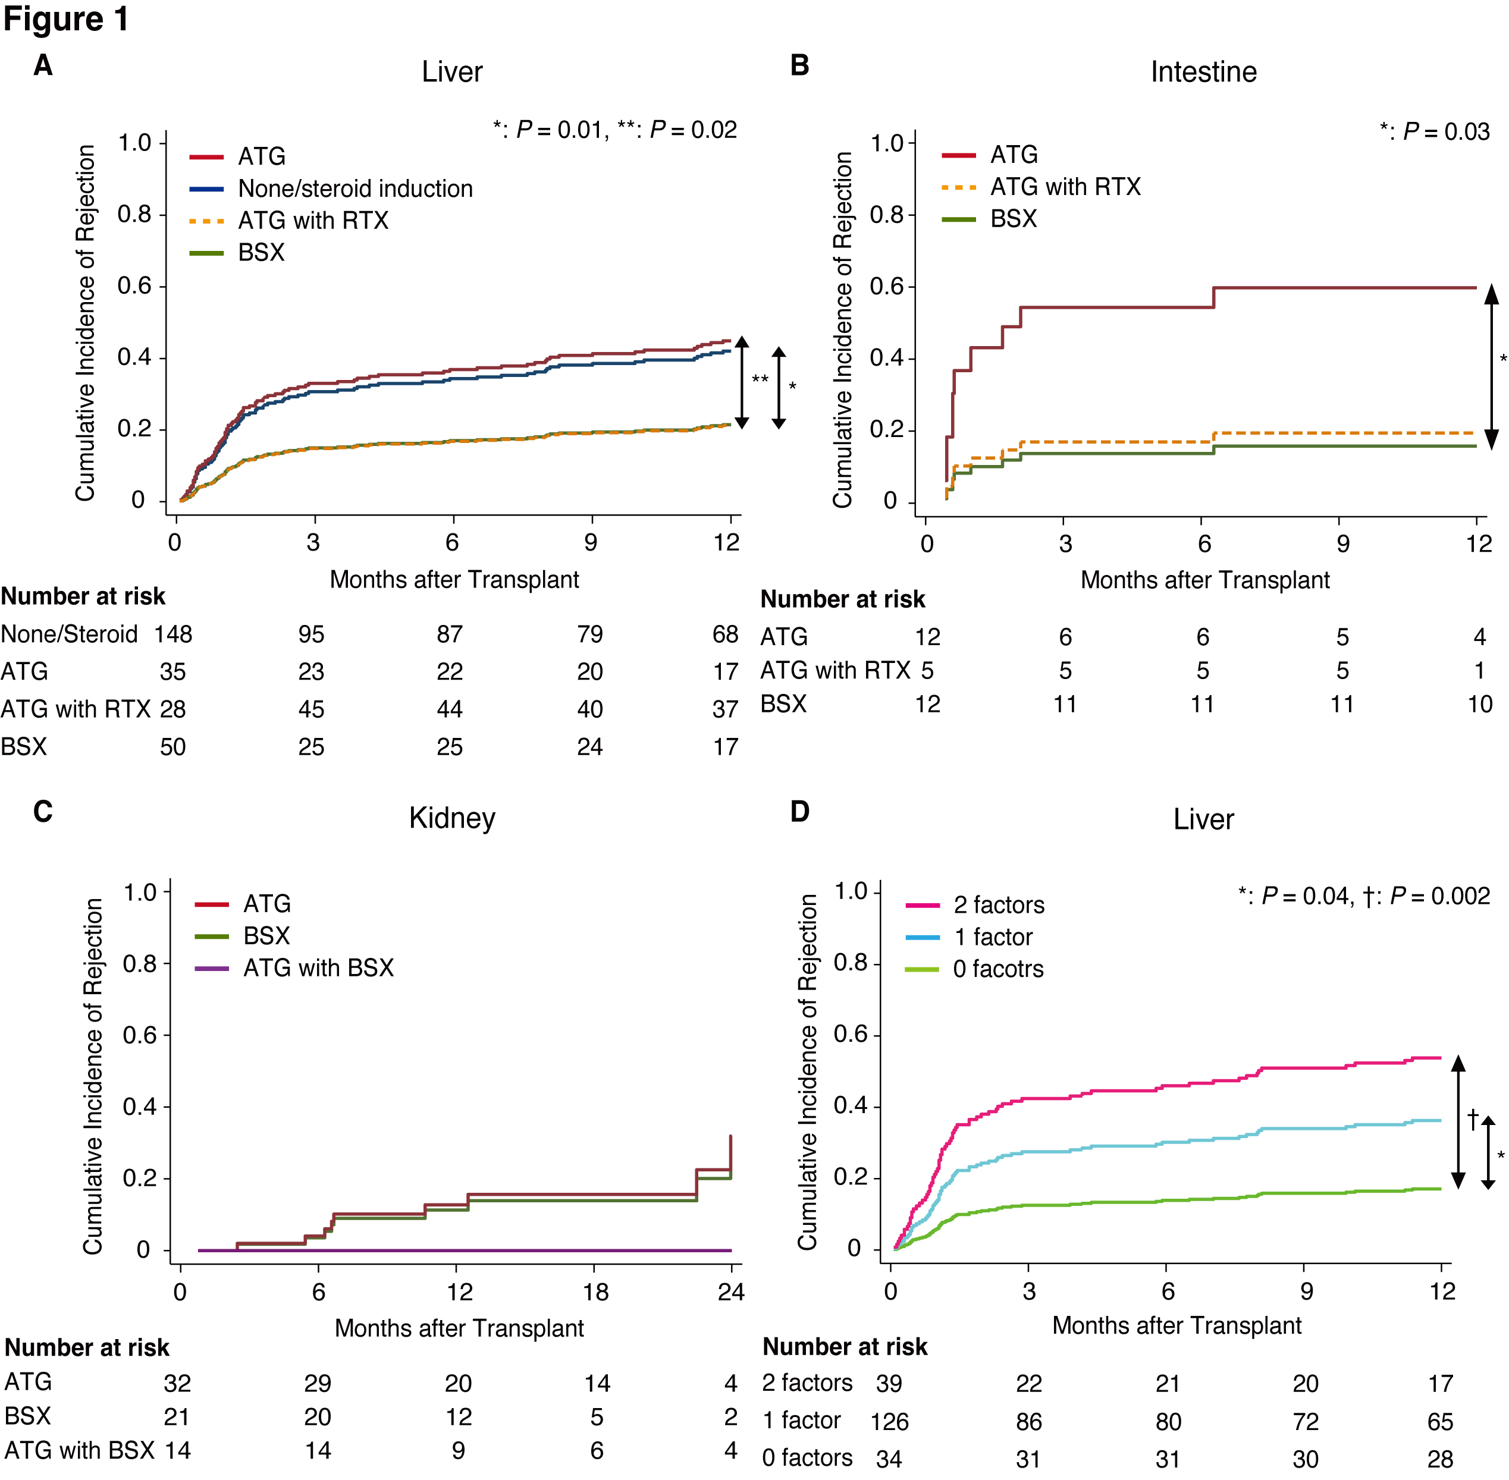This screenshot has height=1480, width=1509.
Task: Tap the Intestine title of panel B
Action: pos(1203,73)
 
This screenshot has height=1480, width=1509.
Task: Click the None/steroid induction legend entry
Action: pos(354,189)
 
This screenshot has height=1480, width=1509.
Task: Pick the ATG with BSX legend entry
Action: pos(318,968)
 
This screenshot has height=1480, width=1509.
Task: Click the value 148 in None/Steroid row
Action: pos(172,634)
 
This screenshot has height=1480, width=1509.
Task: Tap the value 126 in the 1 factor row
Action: pos(889,1422)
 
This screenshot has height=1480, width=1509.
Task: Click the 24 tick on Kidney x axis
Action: pos(731,1292)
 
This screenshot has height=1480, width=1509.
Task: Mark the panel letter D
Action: pos(800,812)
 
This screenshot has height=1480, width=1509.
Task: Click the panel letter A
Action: pos(43,65)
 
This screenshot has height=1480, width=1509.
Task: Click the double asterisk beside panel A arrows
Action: pos(760,379)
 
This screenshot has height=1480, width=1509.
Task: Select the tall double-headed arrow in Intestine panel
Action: pos(1491,367)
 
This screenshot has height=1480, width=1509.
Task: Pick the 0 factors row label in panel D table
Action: pos(807,1457)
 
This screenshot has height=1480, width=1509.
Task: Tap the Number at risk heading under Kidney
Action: pos(87,1347)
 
